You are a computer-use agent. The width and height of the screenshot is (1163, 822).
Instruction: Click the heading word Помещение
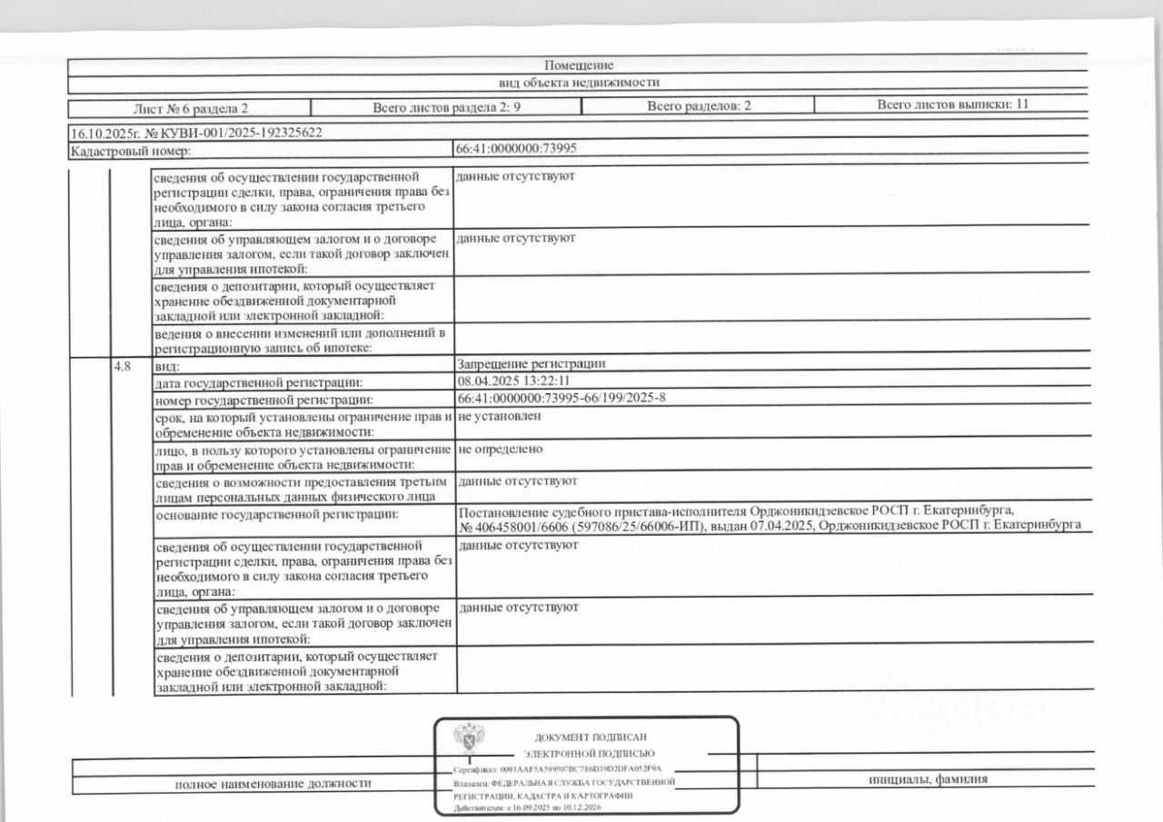tap(579, 65)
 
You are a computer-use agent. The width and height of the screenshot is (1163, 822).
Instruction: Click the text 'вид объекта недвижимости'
tap(579, 82)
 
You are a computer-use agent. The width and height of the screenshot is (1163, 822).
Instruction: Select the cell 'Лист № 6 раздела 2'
tap(191, 107)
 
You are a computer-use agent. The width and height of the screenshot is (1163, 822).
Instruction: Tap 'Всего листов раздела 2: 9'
tap(446, 107)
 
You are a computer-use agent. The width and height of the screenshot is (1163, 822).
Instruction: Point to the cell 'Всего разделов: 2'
tap(699, 106)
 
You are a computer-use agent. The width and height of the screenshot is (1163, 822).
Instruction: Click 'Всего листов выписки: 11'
tap(952, 104)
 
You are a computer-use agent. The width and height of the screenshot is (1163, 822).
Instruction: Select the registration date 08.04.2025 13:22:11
tap(514, 381)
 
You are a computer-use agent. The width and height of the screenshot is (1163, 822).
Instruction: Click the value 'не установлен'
tap(500, 416)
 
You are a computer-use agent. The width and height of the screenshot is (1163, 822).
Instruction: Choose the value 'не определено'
tap(501, 449)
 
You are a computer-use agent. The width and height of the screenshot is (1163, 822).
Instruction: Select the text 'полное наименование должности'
tap(273, 784)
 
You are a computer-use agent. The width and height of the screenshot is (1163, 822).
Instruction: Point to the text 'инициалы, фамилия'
tap(927, 779)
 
